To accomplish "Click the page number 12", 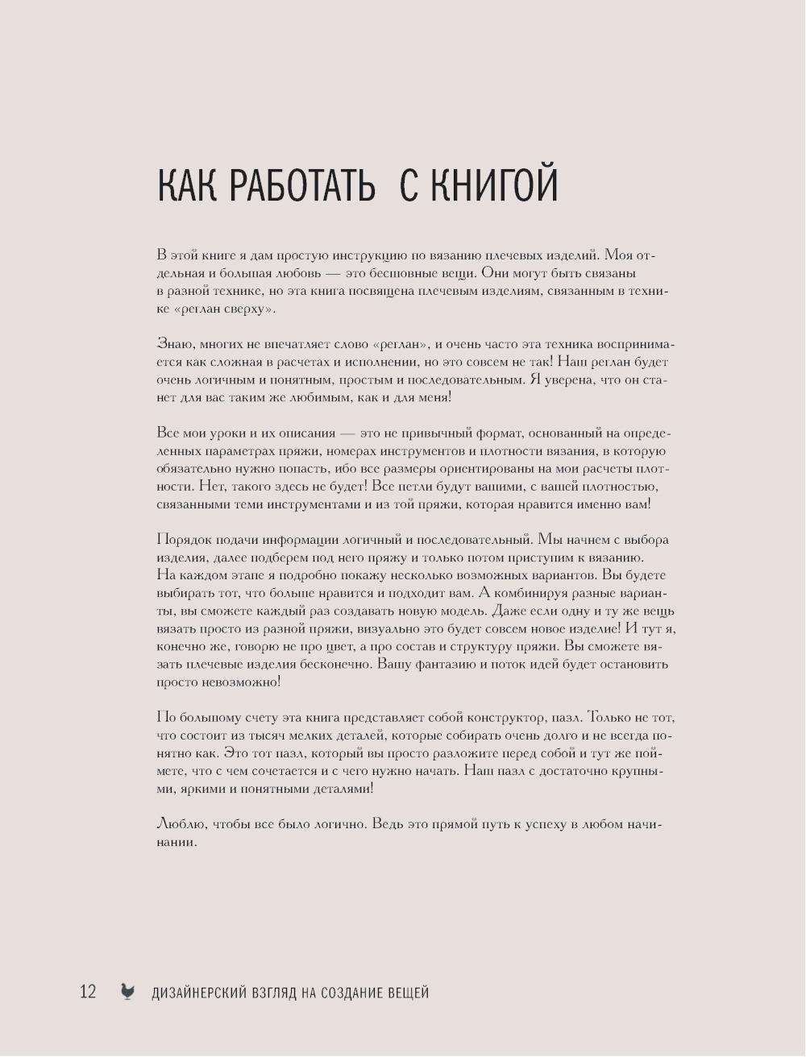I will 88,992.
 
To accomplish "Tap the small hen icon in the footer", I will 127,992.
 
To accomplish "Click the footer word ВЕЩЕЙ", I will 405,993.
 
